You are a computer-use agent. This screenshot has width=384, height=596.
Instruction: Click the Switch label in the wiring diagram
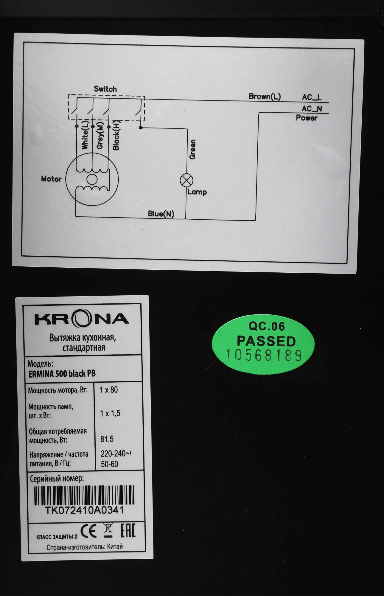point(105,89)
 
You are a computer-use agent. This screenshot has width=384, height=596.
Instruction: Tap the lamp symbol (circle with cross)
point(187,180)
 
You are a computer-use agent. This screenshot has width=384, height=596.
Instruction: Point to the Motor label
point(51,179)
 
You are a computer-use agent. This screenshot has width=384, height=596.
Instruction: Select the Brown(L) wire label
point(265,97)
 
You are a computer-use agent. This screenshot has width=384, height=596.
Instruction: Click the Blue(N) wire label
point(161,214)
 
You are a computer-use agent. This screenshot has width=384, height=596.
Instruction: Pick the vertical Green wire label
point(192,149)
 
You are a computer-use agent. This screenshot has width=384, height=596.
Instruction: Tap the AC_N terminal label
point(312,108)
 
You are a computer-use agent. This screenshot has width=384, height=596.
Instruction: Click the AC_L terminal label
point(312,97)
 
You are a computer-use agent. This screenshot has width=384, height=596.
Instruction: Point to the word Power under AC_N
point(307,118)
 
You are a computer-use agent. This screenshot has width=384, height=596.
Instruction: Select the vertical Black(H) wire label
point(116,135)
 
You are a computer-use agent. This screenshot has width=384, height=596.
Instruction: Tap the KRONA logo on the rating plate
point(82,319)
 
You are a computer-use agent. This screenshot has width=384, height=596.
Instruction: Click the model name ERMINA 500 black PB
point(62,374)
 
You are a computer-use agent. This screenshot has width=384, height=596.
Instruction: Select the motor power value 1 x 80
point(109,390)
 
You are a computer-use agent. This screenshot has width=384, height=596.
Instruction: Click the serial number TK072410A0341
point(84,510)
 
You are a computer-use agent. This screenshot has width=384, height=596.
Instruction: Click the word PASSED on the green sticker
point(266,341)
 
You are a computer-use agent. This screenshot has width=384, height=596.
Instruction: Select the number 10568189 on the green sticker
point(264,355)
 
